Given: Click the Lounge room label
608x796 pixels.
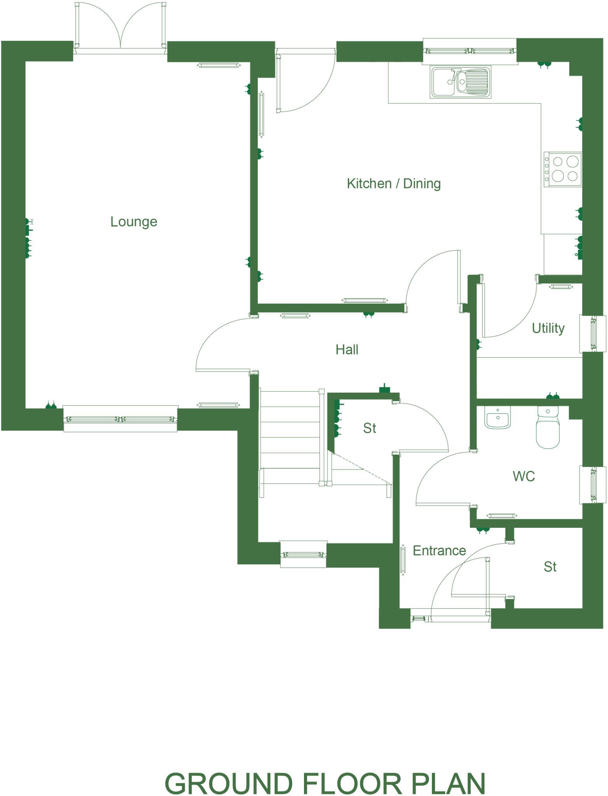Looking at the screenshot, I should coord(134,222).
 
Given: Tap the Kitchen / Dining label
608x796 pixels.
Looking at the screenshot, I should coord(393,183).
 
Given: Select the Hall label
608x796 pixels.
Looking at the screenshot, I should coord(347,349).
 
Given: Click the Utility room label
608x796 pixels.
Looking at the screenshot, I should coord(548,328).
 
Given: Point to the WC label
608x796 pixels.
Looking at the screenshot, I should coord(523,476).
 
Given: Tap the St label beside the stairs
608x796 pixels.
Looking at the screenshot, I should coord(369,428).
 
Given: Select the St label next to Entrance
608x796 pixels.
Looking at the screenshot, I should coord(550,567).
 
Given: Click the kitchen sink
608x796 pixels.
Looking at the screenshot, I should coord(460,82).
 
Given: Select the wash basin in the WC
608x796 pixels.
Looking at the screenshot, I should coord(497,418).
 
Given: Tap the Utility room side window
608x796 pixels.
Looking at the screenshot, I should coord(593,333).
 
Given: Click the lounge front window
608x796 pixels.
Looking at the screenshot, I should coord(121,419).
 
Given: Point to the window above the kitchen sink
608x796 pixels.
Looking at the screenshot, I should coord(470,51).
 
